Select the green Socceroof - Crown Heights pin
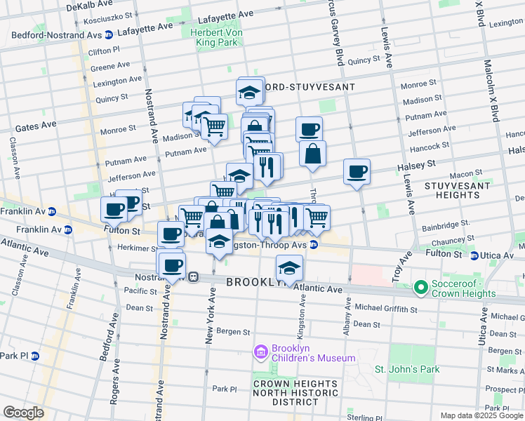(420, 287)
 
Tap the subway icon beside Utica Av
(475, 256)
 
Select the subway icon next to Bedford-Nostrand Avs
(109, 34)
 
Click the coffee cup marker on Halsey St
(357, 171)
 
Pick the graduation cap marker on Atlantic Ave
(288, 267)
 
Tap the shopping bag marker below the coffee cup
(312, 154)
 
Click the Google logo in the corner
(23, 412)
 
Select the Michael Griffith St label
(385, 309)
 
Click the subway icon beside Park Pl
(34, 356)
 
